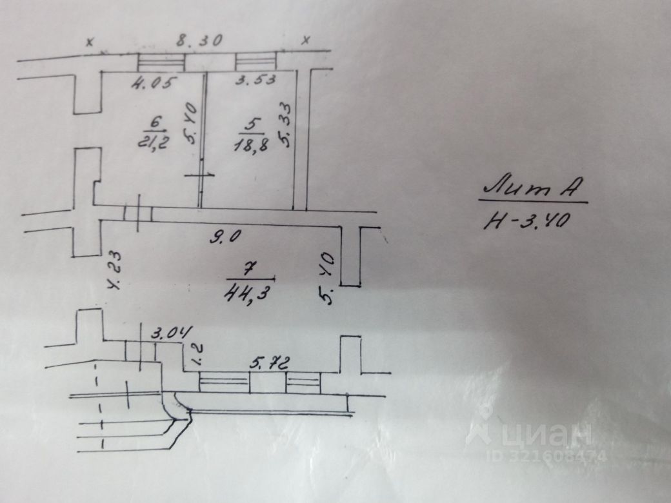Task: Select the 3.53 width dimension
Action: (x=255, y=81)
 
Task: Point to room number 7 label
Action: (x=248, y=268)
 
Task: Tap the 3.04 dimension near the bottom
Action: (x=172, y=334)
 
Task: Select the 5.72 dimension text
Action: (x=267, y=363)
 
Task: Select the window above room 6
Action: (x=161, y=63)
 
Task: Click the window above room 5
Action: (x=255, y=62)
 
